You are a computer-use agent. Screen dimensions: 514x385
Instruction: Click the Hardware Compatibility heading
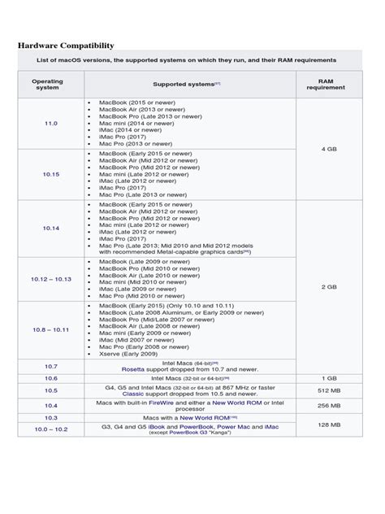[x=66, y=46]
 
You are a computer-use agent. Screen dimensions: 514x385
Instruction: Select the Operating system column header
[x=47, y=84]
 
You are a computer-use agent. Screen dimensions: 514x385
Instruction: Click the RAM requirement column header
[x=326, y=84]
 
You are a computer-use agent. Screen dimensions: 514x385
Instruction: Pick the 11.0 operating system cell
[x=50, y=122]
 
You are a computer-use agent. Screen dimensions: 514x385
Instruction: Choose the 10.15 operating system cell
[x=50, y=173]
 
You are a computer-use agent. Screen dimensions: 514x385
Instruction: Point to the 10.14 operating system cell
[x=50, y=229]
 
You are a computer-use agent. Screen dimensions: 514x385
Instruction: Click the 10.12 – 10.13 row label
[x=50, y=279]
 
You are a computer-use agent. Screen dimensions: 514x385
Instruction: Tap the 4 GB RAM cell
[x=328, y=149]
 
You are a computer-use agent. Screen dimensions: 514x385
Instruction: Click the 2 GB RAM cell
[x=328, y=286]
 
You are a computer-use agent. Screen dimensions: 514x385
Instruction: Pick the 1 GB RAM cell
[x=328, y=378]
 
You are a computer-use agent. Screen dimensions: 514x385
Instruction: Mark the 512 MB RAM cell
[x=328, y=391]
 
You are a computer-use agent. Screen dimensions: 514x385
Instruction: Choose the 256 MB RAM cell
[x=328, y=405]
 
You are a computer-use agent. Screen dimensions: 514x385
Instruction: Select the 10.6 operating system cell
[x=50, y=378]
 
